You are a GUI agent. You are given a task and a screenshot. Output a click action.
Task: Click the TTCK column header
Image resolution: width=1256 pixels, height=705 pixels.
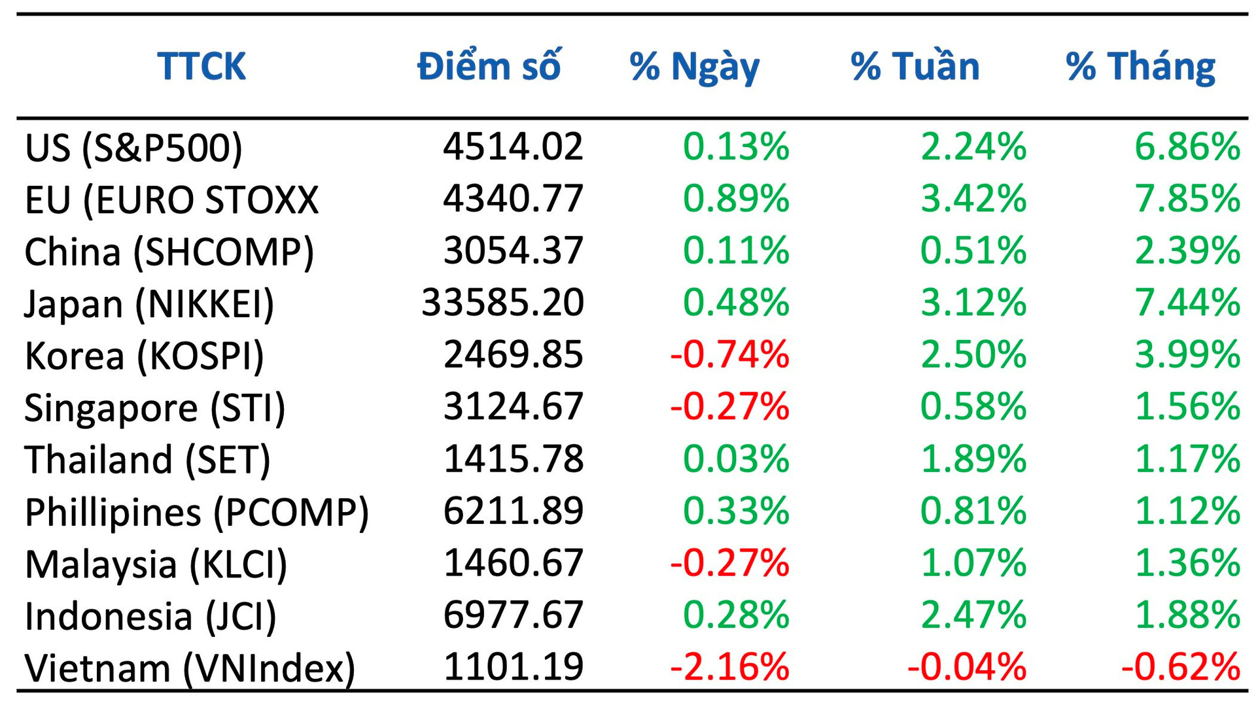click(x=201, y=66)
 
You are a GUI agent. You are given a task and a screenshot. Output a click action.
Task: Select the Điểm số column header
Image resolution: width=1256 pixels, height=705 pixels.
click(x=489, y=66)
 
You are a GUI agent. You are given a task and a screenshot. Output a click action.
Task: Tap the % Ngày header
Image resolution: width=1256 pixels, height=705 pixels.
click(x=694, y=67)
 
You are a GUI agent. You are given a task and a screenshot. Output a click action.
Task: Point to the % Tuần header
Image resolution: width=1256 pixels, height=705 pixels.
click(x=915, y=66)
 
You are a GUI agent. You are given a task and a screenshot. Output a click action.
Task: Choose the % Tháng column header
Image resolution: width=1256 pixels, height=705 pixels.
click(x=1140, y=67)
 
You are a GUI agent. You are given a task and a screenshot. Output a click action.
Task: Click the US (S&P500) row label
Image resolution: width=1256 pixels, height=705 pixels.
click(x=133, y=147)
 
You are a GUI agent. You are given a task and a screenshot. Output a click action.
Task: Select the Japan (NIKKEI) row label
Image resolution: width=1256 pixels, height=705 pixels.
click(x=149, y=304)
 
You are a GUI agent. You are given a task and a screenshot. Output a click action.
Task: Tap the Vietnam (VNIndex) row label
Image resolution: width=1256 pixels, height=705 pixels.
click(x=190, y=668)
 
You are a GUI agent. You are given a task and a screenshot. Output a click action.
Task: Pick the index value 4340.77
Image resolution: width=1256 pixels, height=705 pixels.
click(x=513, y=198)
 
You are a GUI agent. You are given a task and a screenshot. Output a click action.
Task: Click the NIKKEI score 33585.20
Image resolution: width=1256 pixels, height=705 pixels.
click(x=502, y=302)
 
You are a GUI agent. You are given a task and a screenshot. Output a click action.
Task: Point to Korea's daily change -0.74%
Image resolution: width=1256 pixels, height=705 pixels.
click(x=729, y=354)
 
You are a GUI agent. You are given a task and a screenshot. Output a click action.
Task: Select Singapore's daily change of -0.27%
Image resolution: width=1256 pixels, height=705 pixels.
click(x=729, y=406)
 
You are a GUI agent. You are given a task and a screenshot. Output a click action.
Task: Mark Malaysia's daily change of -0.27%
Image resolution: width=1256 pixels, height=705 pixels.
click(x=729, y=562)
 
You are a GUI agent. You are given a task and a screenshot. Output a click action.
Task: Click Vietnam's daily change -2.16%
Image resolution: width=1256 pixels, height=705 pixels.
click(x=729, y=667)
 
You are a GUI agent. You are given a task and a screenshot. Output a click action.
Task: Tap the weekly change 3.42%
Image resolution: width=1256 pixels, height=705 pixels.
click(x=973, y=198)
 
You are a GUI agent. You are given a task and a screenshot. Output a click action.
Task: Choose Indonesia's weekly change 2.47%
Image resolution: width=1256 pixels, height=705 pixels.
click(x=973, y=615)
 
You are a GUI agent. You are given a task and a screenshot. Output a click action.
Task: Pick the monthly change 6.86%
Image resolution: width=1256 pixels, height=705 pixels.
click(x=1187, y=146)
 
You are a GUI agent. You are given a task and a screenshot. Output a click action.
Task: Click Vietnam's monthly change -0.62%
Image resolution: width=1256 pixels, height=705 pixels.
click(x=1180, y=667)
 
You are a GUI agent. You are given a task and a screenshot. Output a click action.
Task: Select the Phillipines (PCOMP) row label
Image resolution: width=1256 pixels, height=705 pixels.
click(x=197, y=512)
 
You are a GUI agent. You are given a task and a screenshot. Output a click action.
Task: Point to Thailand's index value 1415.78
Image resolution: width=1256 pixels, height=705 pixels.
click(x=513, y=458)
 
